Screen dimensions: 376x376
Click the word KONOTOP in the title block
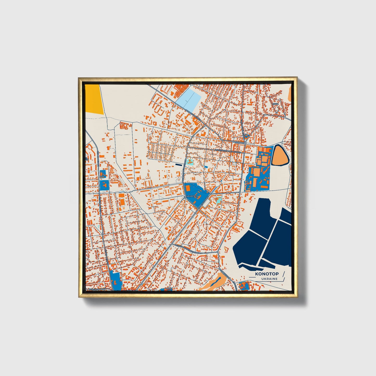(267, 274)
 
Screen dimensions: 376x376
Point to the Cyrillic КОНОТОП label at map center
(192, 195)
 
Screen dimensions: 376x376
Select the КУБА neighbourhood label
(276, 104)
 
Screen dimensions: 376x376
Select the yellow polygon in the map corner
(94, 99)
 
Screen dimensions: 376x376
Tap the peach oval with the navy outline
(280, 155)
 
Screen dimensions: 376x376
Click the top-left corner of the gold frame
(79, 78)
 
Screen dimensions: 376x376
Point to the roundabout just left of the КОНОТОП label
(185, 197)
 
